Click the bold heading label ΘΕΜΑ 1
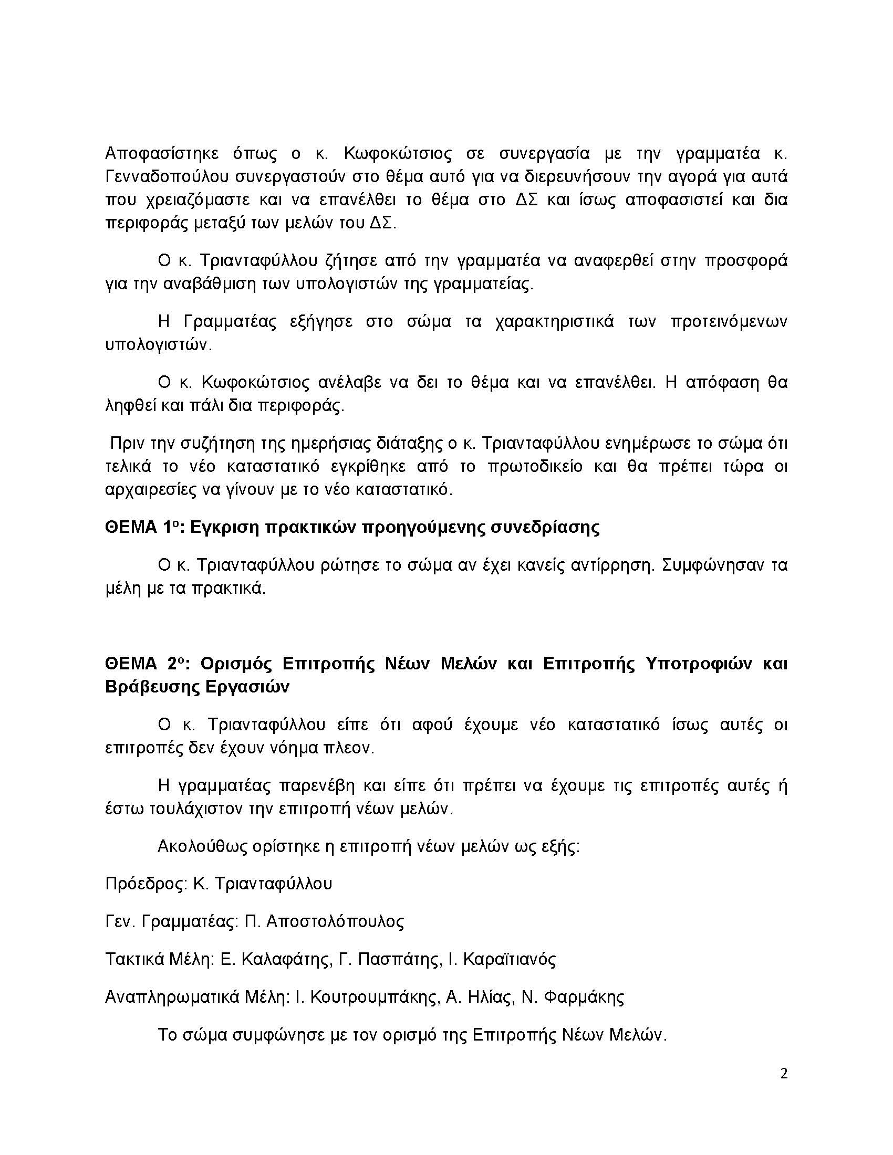coord(140,527)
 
